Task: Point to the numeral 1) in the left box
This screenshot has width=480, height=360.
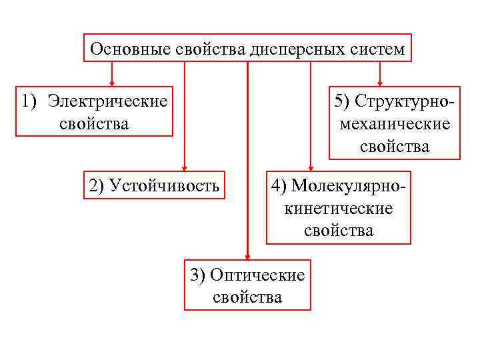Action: pos(29,101)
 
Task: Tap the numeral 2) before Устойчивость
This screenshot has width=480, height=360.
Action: pos(95,185)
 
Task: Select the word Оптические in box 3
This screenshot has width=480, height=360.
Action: pos(257,275)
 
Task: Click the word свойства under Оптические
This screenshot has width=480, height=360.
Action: pos(247,296)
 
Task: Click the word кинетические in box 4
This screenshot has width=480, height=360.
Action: pos(339,209)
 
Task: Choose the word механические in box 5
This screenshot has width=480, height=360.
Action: pos(395,124)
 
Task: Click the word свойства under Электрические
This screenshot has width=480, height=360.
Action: pos(94,124)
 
